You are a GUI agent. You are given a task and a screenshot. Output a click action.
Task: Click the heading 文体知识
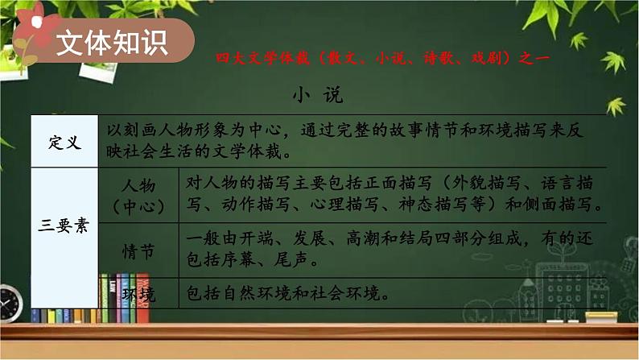tap(112, 42)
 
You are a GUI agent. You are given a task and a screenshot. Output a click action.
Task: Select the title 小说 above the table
tap(319, 95)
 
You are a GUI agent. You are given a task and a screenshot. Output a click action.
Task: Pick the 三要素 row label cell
tap(64, 226)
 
